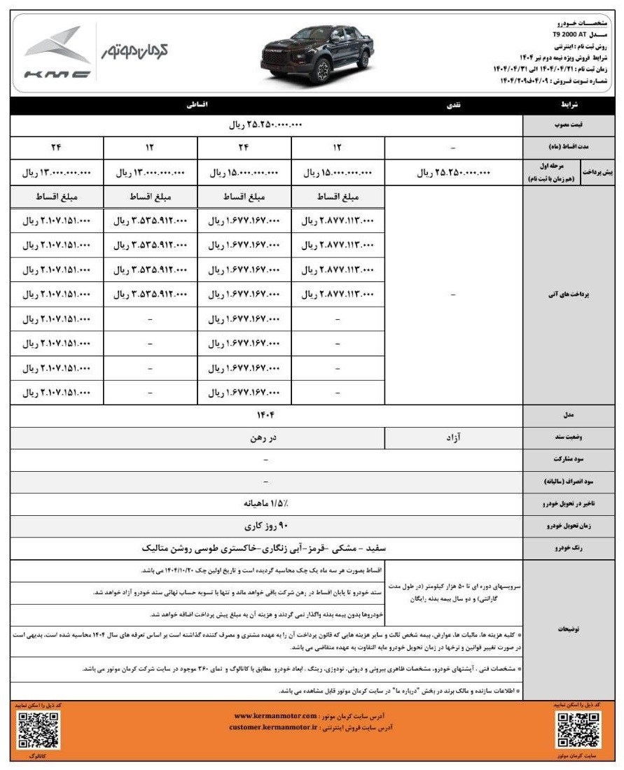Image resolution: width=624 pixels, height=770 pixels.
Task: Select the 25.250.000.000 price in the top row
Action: point(267,125)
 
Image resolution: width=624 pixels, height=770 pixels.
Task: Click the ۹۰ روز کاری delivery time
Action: point(265,524)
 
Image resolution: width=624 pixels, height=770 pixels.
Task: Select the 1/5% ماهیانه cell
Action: point(265,503)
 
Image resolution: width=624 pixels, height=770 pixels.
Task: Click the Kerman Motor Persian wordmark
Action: point(134,51)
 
